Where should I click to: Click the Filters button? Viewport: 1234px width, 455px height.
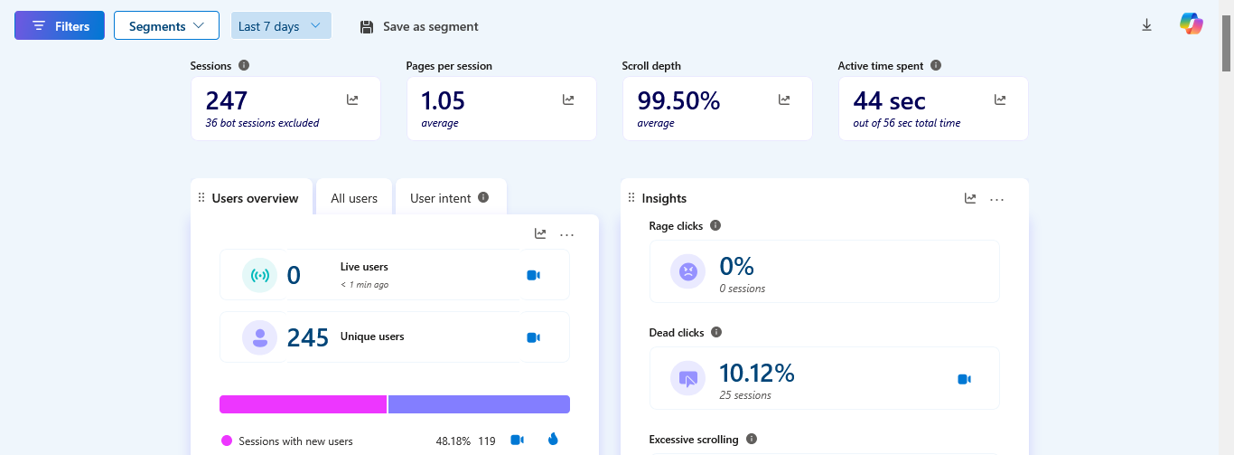[60, 25]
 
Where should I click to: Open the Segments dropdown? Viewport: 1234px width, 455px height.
[166, 25]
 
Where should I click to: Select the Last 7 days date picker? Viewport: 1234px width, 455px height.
[281, 25]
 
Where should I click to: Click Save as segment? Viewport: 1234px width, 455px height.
[418, 26]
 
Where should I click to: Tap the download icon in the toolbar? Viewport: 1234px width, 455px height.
[1146, 24]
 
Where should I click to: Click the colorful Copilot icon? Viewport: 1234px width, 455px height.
[1191, 24]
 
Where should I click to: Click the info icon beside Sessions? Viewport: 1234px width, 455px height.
[244, 65]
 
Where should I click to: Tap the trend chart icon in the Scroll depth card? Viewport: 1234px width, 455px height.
[784, 100]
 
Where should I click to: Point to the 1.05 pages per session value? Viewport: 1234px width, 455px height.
[443, 101]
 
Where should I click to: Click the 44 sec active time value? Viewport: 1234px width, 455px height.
[889, 101]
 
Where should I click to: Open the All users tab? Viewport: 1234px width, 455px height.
[354, 197]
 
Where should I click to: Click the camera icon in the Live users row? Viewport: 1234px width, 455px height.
[533, 275]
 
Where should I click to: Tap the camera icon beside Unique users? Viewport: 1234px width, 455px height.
[533, 337]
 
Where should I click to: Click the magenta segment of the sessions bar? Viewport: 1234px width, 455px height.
[303, 404]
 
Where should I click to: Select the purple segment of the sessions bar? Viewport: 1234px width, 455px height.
[479, 404]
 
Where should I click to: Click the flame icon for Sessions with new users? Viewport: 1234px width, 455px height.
[553, 439]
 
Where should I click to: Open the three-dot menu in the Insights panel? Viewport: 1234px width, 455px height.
[996, 200]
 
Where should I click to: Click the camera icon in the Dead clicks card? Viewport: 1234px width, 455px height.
[964, 379]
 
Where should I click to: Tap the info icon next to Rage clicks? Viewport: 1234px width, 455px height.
[715, 225]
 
